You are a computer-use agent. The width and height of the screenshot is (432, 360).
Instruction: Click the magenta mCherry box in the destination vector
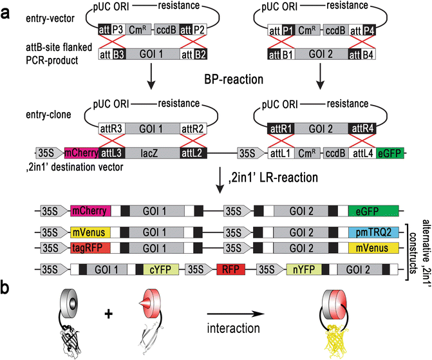81,153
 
